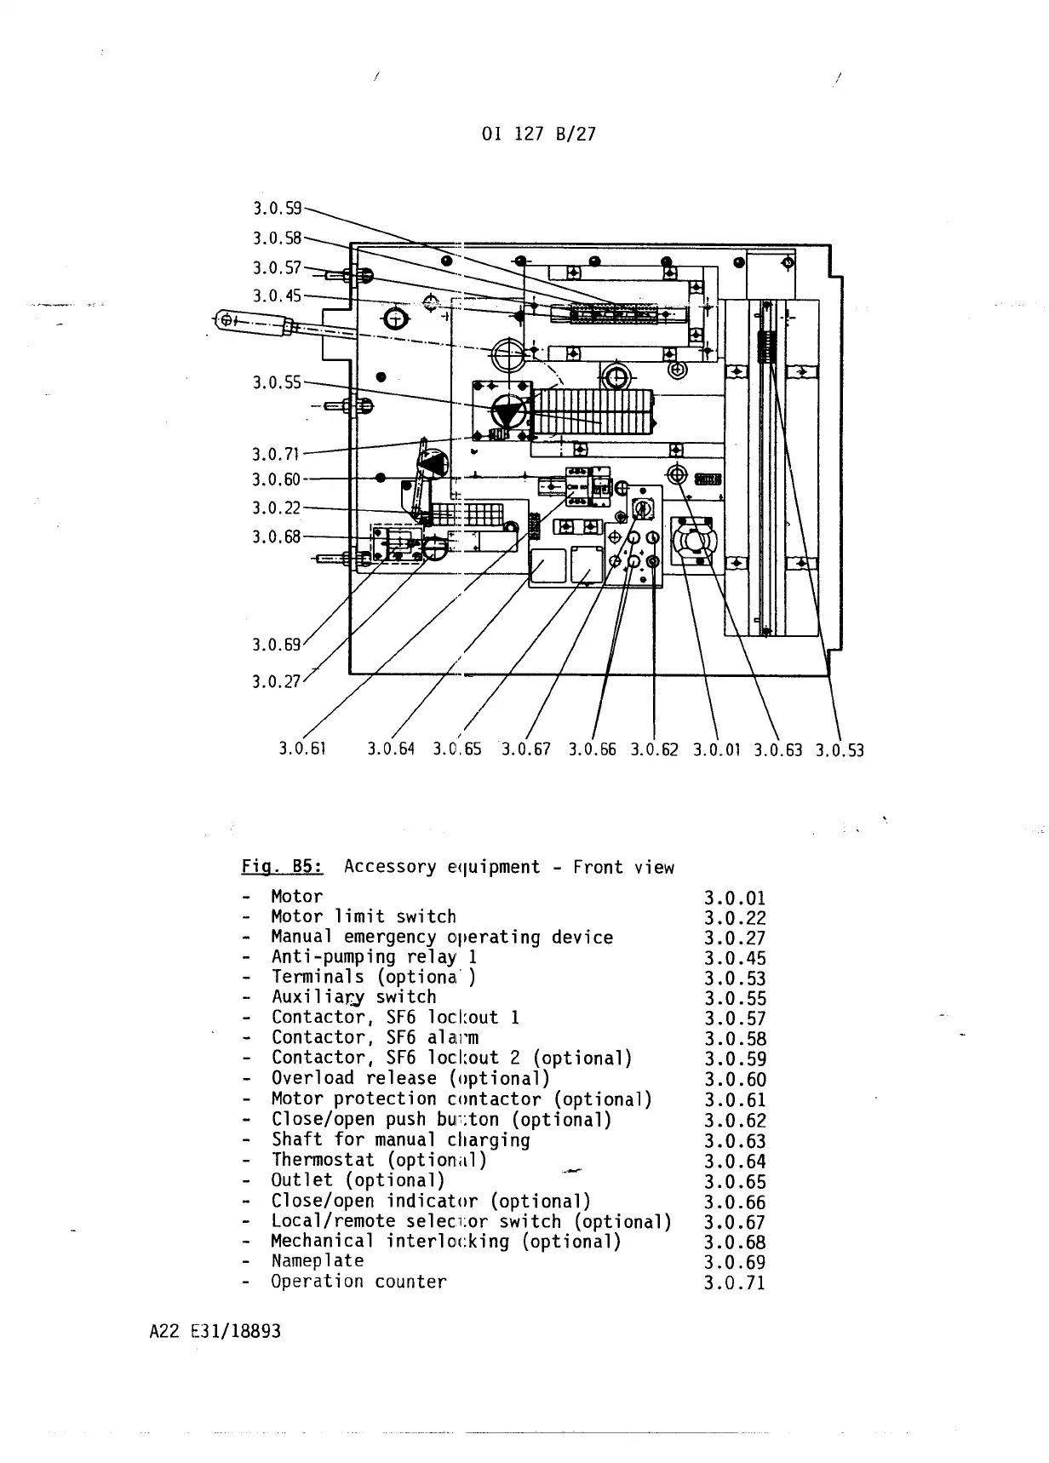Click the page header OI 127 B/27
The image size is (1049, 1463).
[538, 134]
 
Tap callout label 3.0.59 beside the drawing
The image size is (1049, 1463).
[277, 207]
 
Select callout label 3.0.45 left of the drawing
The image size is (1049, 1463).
[277, 295]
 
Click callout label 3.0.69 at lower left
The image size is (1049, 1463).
[276, 644]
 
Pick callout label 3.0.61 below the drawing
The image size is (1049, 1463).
[302, 749]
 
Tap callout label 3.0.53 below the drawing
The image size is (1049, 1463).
[839, 750]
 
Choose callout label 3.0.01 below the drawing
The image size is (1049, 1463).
[717, 750]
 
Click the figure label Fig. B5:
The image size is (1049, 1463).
[282, 867]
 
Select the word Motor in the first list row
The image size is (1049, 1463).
[297, 897]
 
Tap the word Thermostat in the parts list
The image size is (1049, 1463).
[323, 1160]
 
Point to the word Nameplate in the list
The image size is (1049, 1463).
[318, 1261]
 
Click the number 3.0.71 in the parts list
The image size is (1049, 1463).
[735, 1282]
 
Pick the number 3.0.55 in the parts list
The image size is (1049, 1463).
[735, 999]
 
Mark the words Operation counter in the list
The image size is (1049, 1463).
[358, 1282]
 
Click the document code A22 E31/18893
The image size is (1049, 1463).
[215, 1331]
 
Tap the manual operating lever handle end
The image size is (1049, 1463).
[227, 320]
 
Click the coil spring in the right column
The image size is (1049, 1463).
[766, 346]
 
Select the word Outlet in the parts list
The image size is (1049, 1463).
[302, 1180]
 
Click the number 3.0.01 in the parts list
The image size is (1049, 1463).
[735, 898]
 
